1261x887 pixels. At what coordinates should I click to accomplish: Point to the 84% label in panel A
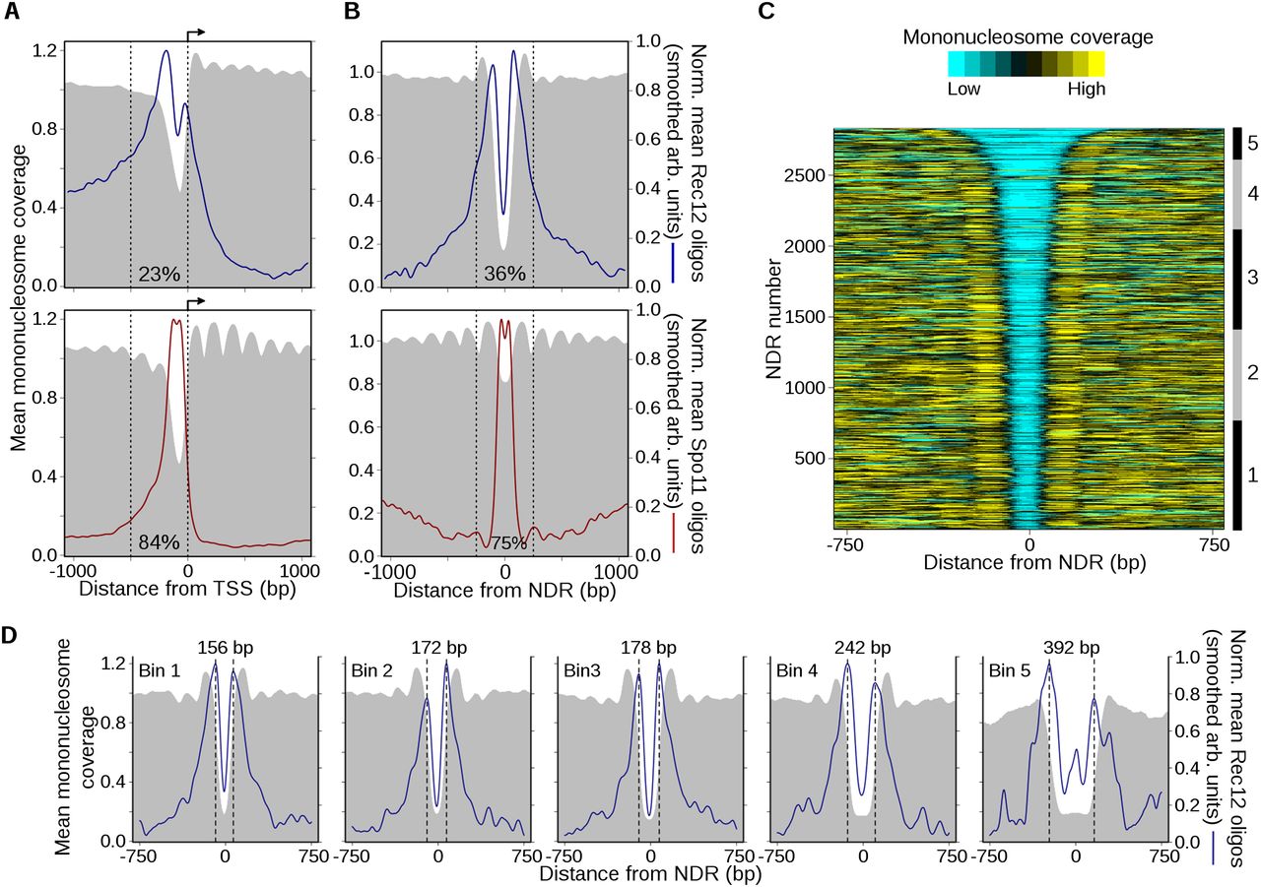click(x=160, y=541)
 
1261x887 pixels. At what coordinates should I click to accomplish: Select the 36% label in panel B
click(x=503, y=273)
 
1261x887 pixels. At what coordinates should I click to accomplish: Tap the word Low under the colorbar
click(x=965, y=89)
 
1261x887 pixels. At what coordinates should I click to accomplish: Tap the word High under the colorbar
click(x=1085, y=89)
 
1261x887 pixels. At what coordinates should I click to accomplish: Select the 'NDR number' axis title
click(x=773, y=317)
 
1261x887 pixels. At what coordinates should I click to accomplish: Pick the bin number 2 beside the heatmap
click(x=1252, y=374)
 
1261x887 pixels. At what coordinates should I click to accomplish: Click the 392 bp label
click(x=1070, y=651)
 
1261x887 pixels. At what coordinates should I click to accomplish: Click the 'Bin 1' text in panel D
click(x=160, y=673)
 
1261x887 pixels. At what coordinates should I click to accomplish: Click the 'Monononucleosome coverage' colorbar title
click(x=1028, y=37)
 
